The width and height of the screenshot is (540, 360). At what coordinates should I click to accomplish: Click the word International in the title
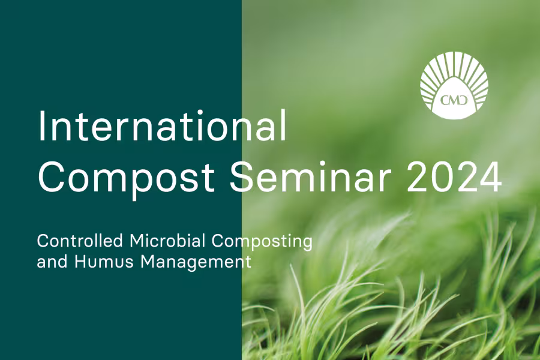[162, 127]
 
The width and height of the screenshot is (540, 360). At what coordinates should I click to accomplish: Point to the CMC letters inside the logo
[454, 99]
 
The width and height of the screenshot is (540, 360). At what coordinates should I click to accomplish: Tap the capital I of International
[41, 127]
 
